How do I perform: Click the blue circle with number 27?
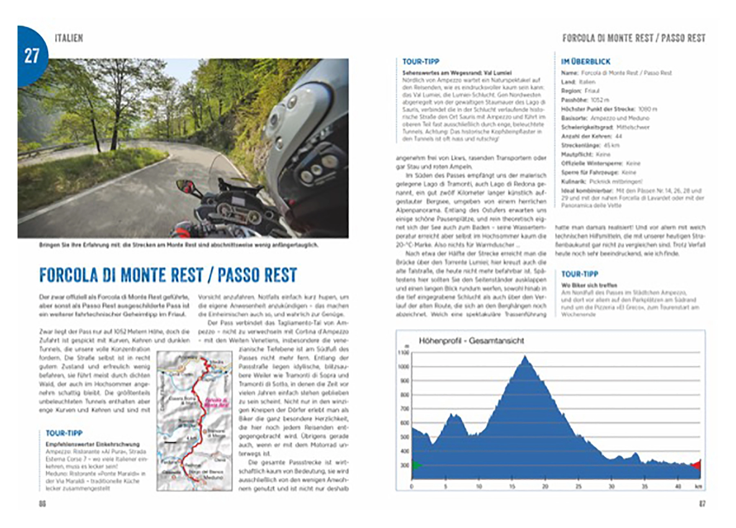tap(32, 56)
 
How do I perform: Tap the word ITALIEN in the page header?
tap(69, 38)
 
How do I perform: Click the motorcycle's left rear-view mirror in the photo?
tap(185, 186)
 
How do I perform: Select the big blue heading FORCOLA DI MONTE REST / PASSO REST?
tap(168, 275)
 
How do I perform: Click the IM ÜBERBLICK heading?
tap(586, 62)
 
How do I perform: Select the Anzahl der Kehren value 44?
tap(618, 136)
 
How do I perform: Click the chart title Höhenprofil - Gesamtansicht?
tap(471, 341)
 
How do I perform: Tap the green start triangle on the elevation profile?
tap(416, 465)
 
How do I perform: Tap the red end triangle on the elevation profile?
tap(696, 465)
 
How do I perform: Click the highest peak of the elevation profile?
tap(525, 357)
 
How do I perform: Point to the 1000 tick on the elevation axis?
tap(403, 366)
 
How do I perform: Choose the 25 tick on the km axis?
tap(578, 486)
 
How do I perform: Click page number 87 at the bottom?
tap(702, 504)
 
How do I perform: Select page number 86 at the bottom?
tap(43, 504)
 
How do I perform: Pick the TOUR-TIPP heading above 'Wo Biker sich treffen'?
tap(579, 274)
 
